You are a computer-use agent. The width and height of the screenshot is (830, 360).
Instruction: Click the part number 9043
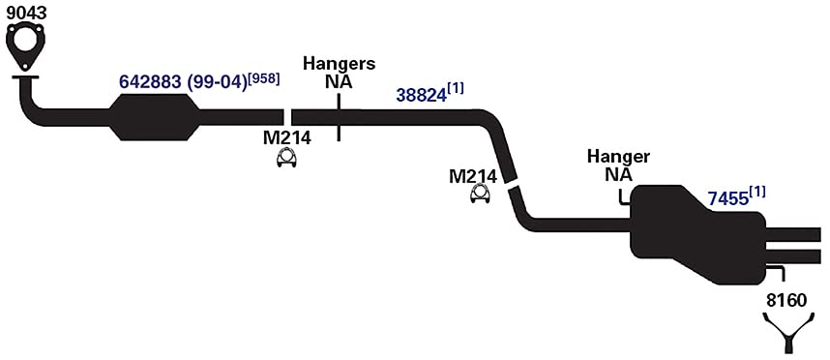click(x=27, y=13)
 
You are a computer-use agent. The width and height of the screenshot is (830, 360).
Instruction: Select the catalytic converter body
click(x=155, y=117)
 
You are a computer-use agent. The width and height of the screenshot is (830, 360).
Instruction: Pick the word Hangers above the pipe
click(x=340, y=64)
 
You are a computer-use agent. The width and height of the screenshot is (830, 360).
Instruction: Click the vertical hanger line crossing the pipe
click(x=339, y=117)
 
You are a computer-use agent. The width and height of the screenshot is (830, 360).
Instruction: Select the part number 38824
click(x=422, y=95)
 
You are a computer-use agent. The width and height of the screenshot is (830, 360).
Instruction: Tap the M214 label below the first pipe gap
click(x=287, y=138)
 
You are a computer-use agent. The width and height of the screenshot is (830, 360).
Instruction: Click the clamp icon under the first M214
click(x=286, y=159)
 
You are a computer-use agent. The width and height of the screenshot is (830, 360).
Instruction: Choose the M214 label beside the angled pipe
click(x=473, y=176)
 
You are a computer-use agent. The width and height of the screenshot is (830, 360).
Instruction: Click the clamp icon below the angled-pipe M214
click(x=480, y=194)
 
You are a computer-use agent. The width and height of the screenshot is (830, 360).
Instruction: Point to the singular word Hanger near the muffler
click(x=619, y=157)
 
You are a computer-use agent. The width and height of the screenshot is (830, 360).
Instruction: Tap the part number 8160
click(x=786, y=300)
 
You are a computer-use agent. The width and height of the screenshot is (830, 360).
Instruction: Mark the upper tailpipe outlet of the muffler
click(x=793, y=234)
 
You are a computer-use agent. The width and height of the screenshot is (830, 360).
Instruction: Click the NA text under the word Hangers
click(x=339, y=82)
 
